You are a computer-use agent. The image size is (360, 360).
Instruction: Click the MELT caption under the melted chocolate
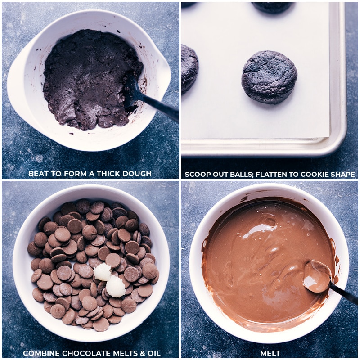pyautogui.click(x=270, y=353)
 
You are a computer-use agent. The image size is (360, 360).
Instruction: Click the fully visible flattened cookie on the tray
pyautogui.click(x=269, y=77)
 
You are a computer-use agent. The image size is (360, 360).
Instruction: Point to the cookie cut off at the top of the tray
pyautogui.click(x=273, y=7)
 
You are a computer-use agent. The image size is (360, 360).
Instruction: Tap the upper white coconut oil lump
pyautogui.click(x=103, y=272)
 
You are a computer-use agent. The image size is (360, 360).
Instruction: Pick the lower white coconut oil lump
pyautogui.click(x=116, y=287)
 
